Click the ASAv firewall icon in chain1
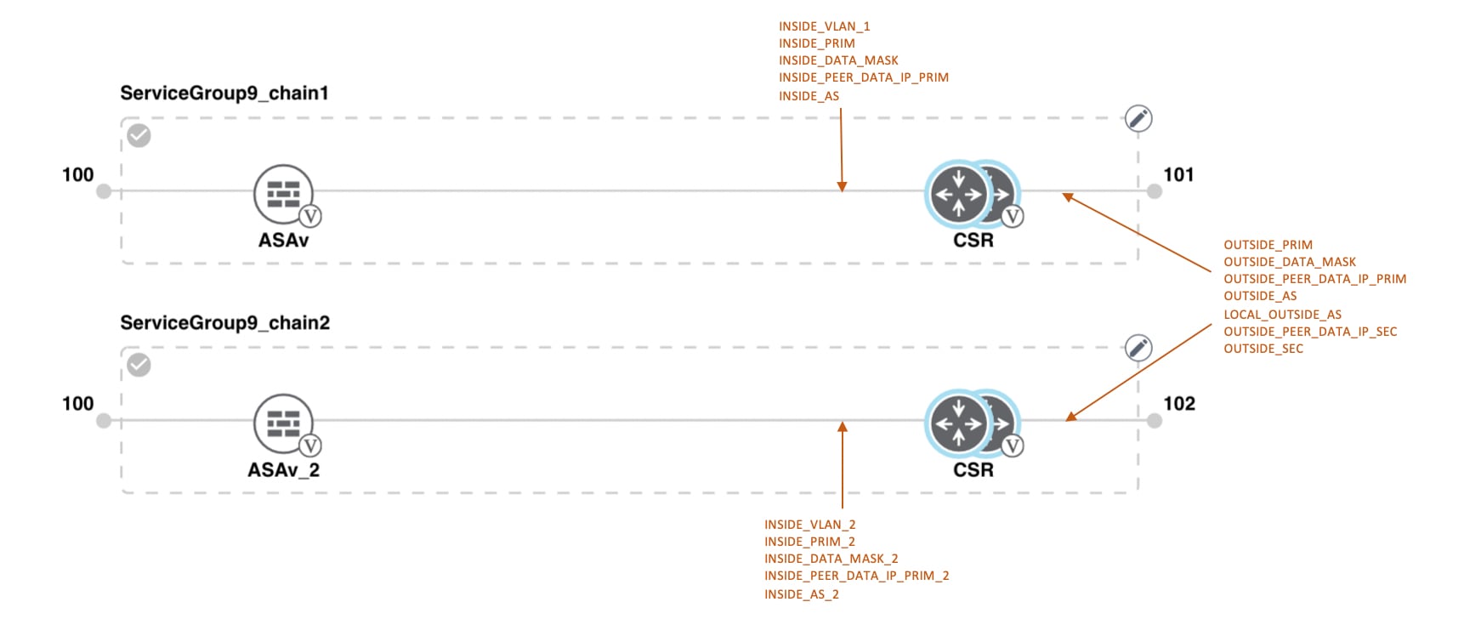(x=283, y=193)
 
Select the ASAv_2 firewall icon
(x=283, y=423)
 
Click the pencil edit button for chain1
(x=1138, y=118)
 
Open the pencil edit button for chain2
(x=1138, y=348)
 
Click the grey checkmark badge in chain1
(x=139, y=135)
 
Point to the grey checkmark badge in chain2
(x=139, y=365)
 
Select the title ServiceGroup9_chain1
(x=224, y=93)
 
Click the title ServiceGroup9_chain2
(x=224, y=322)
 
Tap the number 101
(x=1178, y=174)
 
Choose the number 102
(x=1179, y=403)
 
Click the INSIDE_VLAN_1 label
(x=824, y=26)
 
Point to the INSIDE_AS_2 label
(x=801, y=594)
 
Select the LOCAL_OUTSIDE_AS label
(x=1282, y=315)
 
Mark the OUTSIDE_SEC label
(x=1263, y=349)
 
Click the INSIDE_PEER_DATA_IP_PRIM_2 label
(x=856, y=576)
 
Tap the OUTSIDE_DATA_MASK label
(x=1289, y=262)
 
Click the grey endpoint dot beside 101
(x=1154, y=191)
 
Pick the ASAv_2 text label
(x=283, y=470)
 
